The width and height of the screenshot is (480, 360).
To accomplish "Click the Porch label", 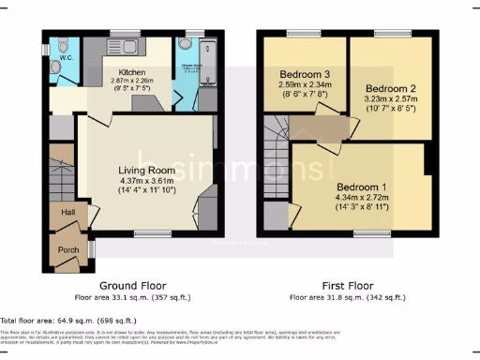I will point(67,249).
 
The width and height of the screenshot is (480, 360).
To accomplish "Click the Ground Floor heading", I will point(132,285).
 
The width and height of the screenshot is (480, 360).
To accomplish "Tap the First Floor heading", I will point(347,285).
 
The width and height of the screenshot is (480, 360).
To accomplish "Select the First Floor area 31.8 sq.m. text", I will point(347,297).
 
